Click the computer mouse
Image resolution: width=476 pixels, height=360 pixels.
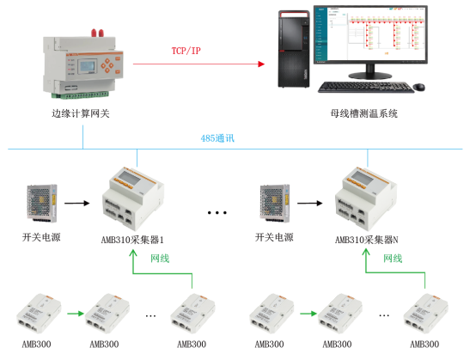click(x=418, y=87)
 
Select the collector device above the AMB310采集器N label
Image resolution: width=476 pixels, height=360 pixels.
click(x=369, y=197)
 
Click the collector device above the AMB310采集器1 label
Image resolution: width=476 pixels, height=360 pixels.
click(x=137, y=197)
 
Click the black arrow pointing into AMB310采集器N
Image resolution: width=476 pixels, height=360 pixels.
click(x=311, y=204)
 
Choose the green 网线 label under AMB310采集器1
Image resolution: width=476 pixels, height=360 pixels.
click(x=162, y=258)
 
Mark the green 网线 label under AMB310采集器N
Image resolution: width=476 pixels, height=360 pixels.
click(x=393, y=258)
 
